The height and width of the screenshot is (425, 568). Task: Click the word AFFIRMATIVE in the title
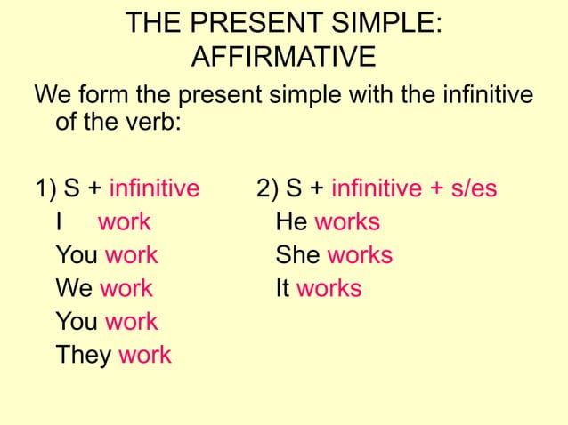pos(283,59)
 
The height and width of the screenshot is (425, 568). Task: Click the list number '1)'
pos(46,188)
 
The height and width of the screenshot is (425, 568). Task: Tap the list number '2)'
pos(267,188)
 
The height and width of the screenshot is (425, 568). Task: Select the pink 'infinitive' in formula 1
pos(154,188)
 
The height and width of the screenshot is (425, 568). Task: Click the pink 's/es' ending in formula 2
pos(473,188)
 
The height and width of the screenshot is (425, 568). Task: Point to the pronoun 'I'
pos(59,222)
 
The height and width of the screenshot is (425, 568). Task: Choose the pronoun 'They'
pos(84,356)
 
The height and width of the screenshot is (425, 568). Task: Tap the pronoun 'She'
pos(298,256)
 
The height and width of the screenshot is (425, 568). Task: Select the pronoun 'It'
pos(283,289)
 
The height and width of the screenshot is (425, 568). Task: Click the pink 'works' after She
pos(360,256)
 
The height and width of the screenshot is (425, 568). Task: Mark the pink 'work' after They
pos(145,356)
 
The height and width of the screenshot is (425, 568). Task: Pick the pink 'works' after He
pos(347,222)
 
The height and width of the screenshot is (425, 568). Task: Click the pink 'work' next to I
pos(125,222)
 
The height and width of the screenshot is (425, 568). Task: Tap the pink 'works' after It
pos(329,289)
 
